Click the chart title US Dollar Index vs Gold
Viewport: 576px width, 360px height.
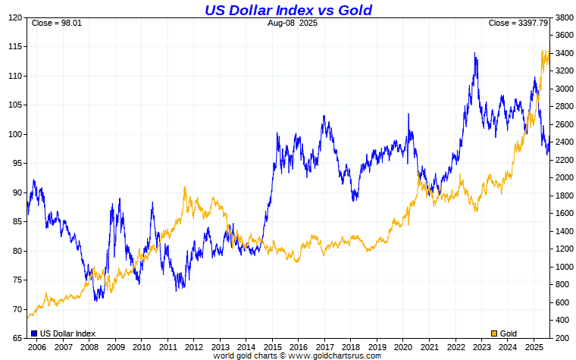tap(288, 10)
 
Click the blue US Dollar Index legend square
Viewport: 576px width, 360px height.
tap(34, 333)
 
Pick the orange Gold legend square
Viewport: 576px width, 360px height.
tap(495, 333)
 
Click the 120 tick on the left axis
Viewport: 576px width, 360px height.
tap(14, 17)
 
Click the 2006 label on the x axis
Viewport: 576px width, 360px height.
tap(37, 346)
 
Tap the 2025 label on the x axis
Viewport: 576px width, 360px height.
tap(535, 346)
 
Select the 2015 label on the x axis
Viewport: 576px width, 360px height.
tap(273, 346)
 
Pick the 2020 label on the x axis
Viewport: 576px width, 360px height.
tap(404, 346)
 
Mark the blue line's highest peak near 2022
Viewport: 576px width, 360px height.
tap(474, 53)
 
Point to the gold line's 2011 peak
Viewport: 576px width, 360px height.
tap(185, 187)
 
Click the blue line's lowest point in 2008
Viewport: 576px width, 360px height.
tap(95, 301)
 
